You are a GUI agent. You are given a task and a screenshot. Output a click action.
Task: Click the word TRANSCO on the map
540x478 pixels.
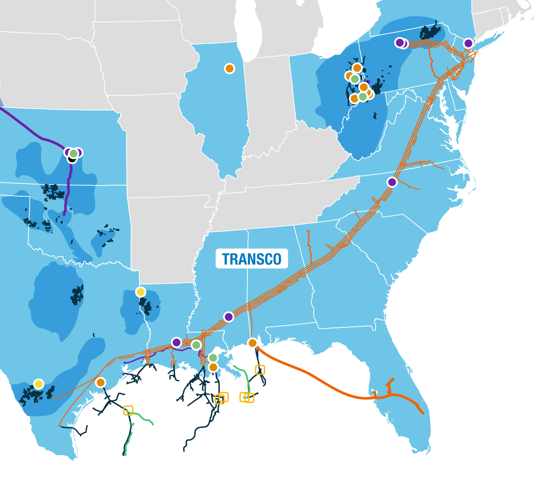[252, 259]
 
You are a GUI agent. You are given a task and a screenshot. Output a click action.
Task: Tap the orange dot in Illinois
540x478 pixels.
[230, 69]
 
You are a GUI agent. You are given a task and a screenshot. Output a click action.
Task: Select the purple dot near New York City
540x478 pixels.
[468, 43]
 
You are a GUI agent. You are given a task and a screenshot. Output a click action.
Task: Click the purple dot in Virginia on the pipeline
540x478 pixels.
[392, 182]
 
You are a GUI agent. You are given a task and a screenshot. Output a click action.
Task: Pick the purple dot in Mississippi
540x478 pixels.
[229, 317]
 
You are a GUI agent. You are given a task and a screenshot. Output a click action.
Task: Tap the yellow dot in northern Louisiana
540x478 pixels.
[141, 292]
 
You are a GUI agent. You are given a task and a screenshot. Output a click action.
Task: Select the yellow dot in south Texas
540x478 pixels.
[39, 384]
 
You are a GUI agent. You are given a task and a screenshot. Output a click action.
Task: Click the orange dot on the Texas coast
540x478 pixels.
[101, 382]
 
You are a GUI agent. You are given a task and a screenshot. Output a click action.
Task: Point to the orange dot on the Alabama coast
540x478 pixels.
[252, 343]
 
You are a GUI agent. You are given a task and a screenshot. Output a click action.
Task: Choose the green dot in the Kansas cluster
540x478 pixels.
[73, 153]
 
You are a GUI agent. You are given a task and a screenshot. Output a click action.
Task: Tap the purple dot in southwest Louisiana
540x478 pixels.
[176, 342]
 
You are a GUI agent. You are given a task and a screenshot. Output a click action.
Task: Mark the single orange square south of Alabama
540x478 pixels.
[260, 370]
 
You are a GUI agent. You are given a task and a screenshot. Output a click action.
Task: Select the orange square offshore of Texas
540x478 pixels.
[128, 410]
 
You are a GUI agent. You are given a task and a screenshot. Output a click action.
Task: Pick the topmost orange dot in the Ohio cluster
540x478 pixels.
[357, 68]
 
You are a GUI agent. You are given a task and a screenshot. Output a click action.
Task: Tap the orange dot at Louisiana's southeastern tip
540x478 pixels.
[213, 368]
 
